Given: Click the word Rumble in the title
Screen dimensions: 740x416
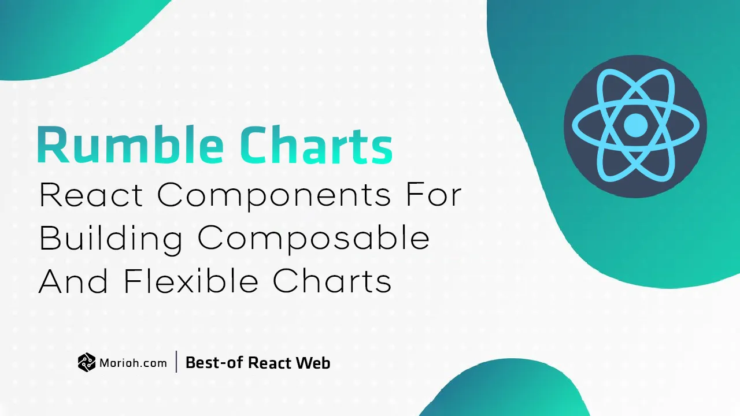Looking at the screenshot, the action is [x=131, y=144].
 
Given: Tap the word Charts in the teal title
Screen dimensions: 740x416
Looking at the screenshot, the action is [x=316, y=144].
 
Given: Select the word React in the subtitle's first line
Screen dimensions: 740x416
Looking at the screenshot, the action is [x=91, y=195].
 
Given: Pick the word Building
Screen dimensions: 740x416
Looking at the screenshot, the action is [x=111, y=239].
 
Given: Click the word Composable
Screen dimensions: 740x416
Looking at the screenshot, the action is [x=314, y=239].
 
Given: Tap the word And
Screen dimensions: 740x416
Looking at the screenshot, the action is [x=73, y=281].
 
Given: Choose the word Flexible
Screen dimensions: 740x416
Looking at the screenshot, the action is [x=191, y=281].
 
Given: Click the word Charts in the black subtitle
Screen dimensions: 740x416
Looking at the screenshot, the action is [x=332, y=281].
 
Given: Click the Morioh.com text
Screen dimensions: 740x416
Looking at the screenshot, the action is [x=133, y=363].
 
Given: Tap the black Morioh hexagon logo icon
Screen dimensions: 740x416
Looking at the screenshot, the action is [x=87, y=362].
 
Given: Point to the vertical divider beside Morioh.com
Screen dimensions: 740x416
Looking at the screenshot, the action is [x=176, y=362].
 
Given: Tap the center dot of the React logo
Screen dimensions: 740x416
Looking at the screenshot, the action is [x=635, y=125].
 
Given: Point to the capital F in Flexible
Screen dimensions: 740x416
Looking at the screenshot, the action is [x=132, y=281].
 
